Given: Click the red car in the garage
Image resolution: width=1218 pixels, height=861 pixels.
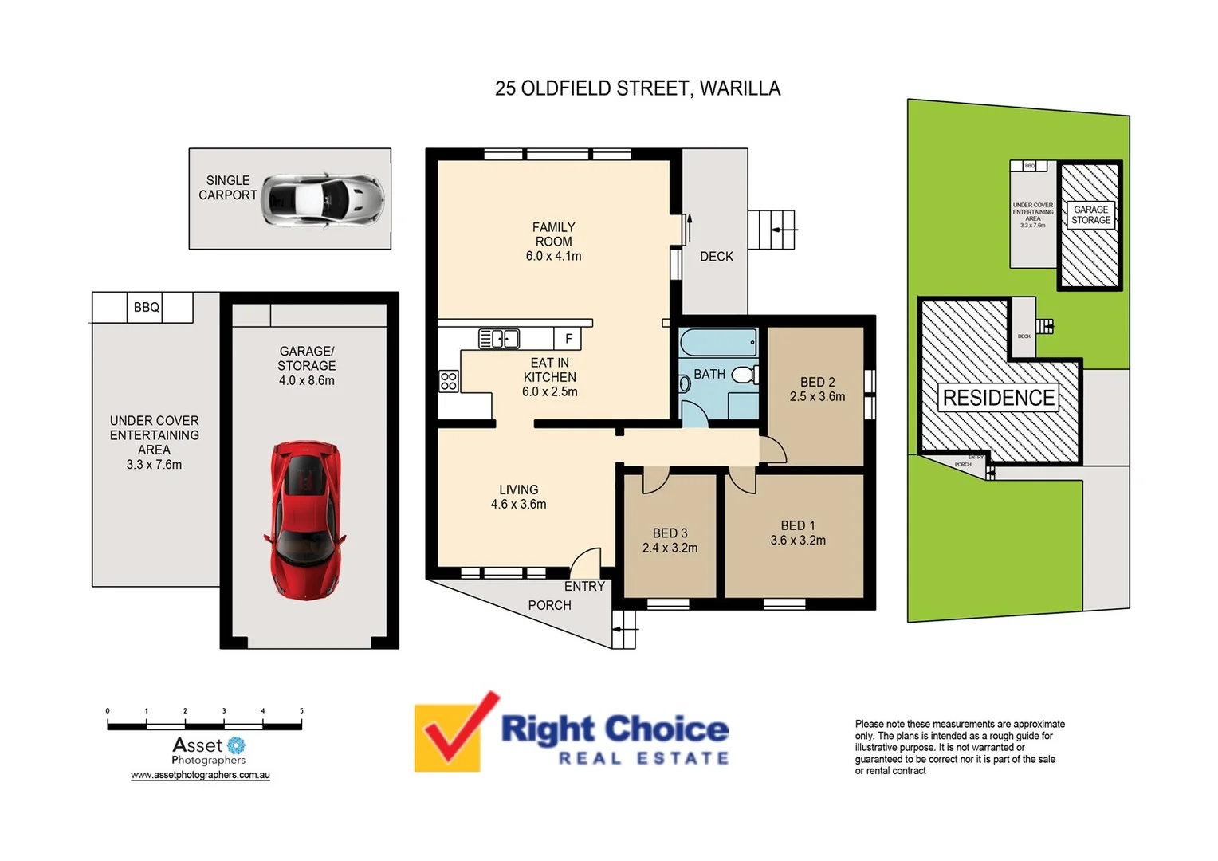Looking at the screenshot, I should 306,520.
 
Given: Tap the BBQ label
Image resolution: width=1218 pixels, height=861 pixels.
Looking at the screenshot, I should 146,307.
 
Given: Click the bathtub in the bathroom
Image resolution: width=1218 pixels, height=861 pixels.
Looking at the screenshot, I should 718,343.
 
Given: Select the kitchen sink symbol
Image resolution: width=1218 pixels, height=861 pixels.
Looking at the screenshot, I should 499,339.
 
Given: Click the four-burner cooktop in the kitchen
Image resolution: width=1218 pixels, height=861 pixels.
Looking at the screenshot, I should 449,380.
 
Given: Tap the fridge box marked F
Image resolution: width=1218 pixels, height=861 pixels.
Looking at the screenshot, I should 568,339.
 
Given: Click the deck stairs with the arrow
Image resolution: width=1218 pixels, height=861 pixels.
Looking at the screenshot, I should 772,230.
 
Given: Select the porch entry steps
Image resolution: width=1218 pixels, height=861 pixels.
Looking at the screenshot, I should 624,629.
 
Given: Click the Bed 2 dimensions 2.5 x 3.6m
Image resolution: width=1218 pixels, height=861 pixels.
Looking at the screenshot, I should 817,396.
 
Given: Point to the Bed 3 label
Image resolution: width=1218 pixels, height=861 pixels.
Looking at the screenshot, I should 670,533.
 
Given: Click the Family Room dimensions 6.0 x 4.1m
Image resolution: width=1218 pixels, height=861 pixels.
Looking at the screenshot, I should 553,256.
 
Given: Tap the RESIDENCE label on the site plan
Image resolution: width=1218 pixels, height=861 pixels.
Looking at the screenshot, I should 998,398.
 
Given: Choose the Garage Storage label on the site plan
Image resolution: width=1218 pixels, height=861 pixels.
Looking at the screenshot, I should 1090,215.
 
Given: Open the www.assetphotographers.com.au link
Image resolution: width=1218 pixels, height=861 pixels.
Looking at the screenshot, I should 200,775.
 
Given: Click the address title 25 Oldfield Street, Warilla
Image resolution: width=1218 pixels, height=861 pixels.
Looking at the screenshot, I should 638,88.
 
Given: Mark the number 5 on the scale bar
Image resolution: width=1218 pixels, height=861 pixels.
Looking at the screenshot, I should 301,710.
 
